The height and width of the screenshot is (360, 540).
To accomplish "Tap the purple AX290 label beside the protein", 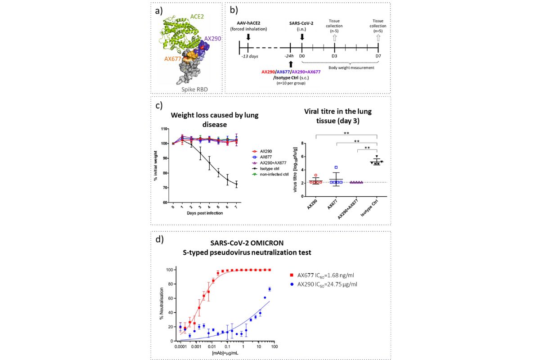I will (213, 39).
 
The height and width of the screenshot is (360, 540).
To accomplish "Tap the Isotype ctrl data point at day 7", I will (237, 184).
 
